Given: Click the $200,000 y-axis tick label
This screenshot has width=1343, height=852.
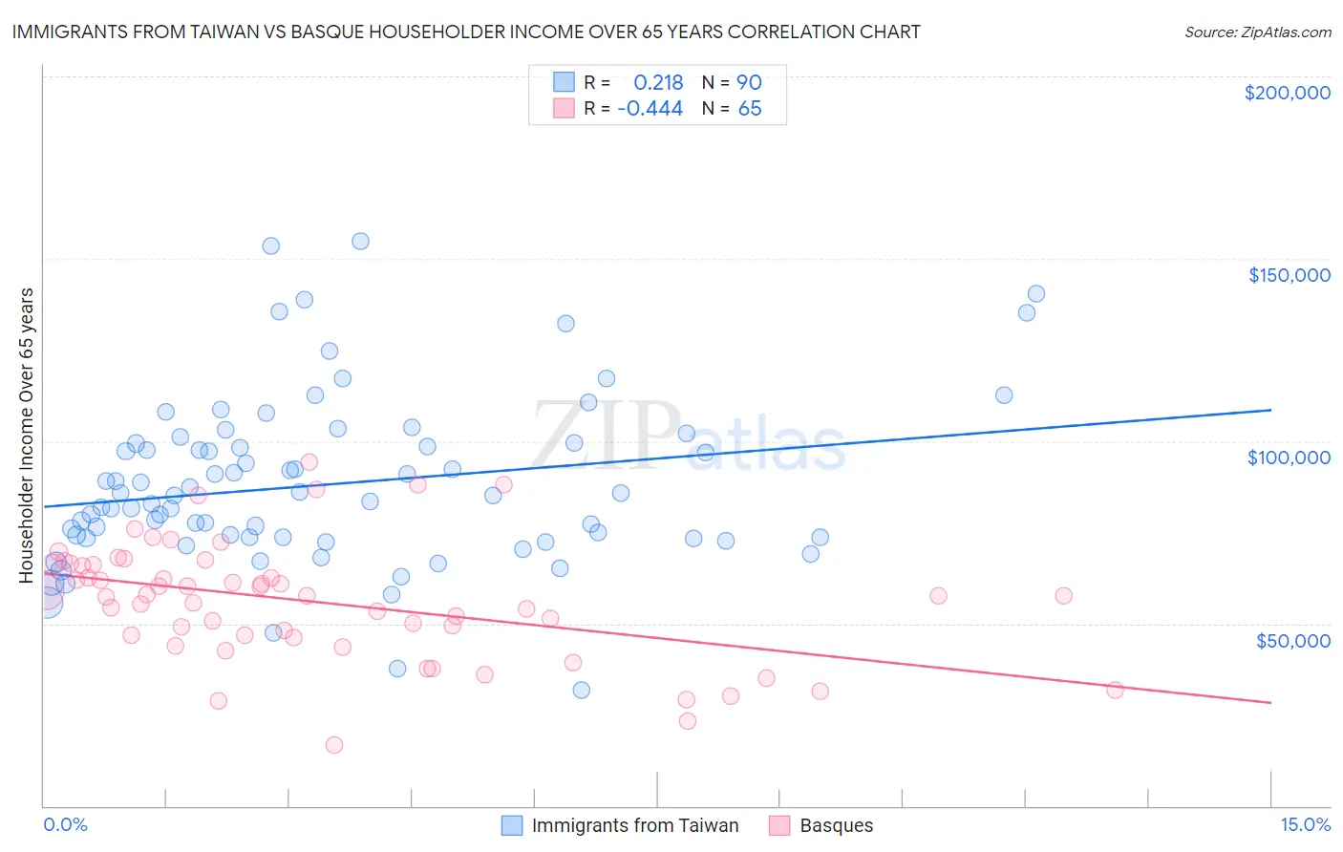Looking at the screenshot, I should pyautogui.click(x=1287, y=93).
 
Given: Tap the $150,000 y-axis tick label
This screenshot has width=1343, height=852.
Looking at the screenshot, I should pyautogui.click(x=1289, y=275).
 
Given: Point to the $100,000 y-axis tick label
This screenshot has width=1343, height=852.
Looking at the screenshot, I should pyautogui.click(x=1289, y=458).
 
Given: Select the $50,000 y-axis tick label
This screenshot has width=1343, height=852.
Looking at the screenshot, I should pyautogui.click(x=1292, y=640).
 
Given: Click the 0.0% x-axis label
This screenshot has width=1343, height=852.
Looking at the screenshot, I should pyautogui.click(x=65, y=824).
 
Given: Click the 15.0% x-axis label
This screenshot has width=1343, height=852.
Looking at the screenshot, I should pyautogui.click(x=1305, y=824).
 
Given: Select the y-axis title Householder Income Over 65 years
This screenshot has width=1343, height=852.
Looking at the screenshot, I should pyautogui.click(x=27, y=436).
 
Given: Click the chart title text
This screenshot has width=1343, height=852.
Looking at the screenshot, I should pyautogui.click(x=466, y=32).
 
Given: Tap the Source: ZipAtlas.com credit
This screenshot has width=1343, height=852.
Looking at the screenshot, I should pyautogui.click(x=1257, y=32).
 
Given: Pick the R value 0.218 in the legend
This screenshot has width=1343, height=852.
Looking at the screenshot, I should pyautogui.click(x=658, y=82).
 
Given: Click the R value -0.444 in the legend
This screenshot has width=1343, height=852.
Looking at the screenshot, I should pyautogui.click(x=650, y=108).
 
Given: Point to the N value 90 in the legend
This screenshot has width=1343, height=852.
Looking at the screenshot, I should pyautogui.click(x=749, y=82).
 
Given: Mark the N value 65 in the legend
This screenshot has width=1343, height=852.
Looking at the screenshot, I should pyautogui.click(x=750, y=108).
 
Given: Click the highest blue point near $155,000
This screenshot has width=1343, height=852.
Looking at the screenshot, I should pyautogui.click(x=360, y=241).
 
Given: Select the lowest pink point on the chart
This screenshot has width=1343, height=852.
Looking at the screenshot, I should pyautogui.click(x=334, y=745).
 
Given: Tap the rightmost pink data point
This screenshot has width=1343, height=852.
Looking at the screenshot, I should pyautogui.click(x=1115, y=690).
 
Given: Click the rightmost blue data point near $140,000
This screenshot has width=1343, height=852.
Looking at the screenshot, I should pyautogui.click(x=1035, y=293).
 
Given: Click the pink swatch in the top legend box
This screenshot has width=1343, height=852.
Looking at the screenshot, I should pyautogui.click(x=564, y=108).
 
